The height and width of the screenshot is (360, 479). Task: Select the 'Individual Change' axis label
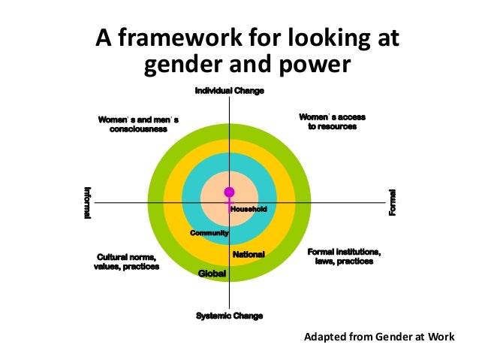tap(230, 91)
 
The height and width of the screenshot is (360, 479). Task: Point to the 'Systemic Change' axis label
tap(230, 316)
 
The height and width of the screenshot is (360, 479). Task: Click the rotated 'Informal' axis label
tap(87, 203)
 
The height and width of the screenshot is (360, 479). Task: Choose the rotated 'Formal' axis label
tap(392, 203)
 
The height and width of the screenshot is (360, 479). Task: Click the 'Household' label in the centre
tap(249, 209)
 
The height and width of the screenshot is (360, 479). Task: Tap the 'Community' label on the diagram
tap(209, 234)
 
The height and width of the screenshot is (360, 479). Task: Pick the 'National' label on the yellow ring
tap(249, 255)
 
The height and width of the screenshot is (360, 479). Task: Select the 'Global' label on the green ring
tap(212, 273)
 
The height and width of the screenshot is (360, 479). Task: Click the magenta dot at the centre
tap(229, 192)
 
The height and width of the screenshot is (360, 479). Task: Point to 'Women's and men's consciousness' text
tap(138, 124)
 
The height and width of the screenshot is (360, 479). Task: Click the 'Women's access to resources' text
tap(332, 122)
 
